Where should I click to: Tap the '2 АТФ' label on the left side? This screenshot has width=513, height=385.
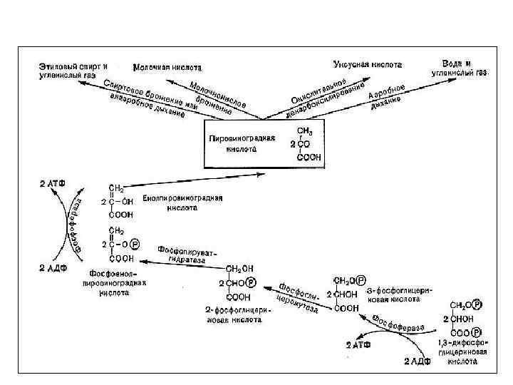click(51, 183)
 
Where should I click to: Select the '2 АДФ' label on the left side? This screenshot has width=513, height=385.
click(51, 267)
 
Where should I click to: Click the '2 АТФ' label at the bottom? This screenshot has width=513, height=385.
click(358, 345)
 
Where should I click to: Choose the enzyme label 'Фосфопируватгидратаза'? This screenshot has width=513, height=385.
click(187, 255)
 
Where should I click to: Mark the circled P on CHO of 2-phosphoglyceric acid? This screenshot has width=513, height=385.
click(252, 282)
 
